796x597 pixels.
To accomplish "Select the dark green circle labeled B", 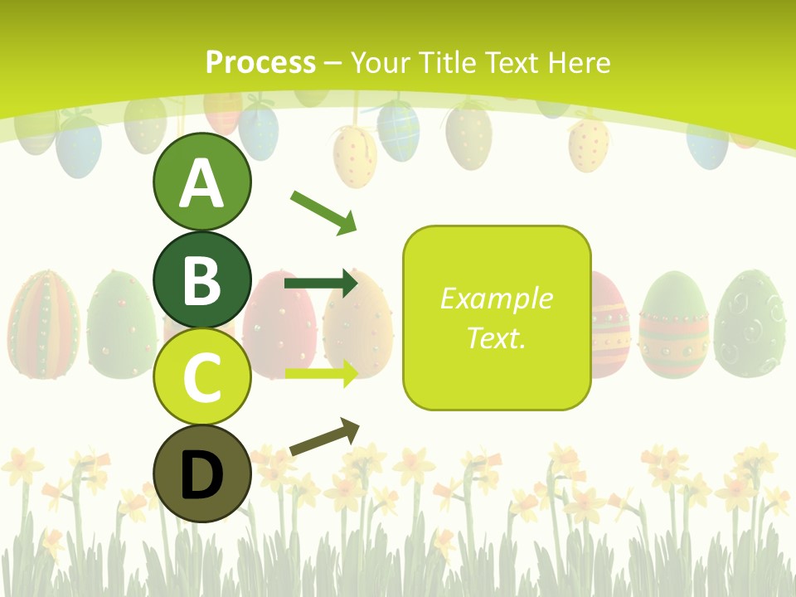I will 201,279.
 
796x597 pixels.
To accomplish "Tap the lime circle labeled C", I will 201,376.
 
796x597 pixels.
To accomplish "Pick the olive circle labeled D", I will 201,473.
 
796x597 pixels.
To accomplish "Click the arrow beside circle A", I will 323,211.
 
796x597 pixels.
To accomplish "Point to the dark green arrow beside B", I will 320,284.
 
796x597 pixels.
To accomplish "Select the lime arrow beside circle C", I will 320,373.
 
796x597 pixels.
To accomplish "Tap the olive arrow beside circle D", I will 324,437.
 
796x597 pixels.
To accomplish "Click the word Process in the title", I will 260,62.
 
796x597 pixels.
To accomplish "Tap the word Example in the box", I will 496,298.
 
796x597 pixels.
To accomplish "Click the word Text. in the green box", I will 496,337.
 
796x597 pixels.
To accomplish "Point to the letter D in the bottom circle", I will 201,475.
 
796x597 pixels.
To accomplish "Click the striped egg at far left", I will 43,323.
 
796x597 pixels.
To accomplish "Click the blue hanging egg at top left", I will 79,145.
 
